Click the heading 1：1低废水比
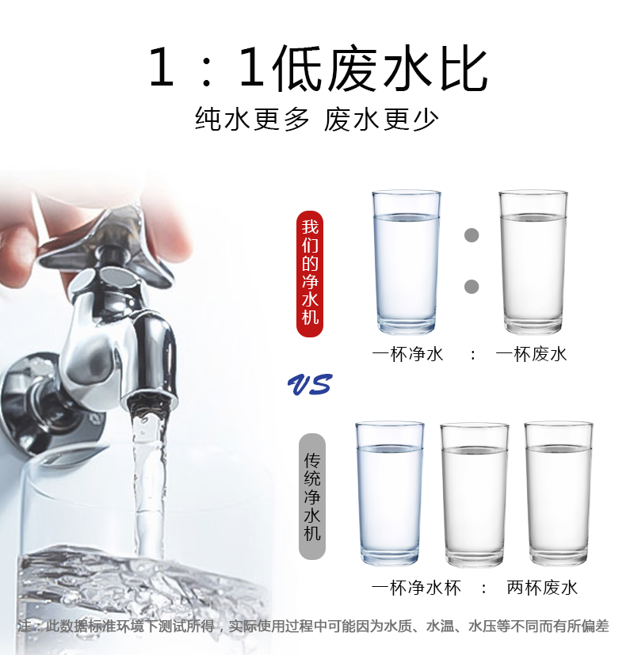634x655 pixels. coord(318,68)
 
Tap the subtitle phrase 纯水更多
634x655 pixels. coord(252,119)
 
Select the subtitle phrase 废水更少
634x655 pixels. coord(381,119)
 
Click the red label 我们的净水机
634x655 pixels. coord(310,273)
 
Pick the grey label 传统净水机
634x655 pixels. coord(312,497)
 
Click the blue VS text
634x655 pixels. coord(310,384)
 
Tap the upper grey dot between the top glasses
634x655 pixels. coord(472,235)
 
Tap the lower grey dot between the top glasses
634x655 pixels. coord(472,287)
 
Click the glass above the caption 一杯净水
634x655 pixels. coord(407,262)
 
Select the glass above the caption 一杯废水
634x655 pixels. coord(533,262)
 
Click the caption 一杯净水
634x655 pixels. coord(407,354)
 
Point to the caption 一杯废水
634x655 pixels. coord(531,354)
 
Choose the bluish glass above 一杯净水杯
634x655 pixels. coord(389,493)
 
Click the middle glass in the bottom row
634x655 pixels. coord(475,495)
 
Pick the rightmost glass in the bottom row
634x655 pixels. coord(559,493)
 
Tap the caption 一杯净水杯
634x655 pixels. coord(416,588)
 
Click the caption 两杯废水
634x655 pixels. coord(542,588)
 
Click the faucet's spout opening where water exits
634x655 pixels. coord(150,402)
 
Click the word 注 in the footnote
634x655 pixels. coord(25,626)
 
